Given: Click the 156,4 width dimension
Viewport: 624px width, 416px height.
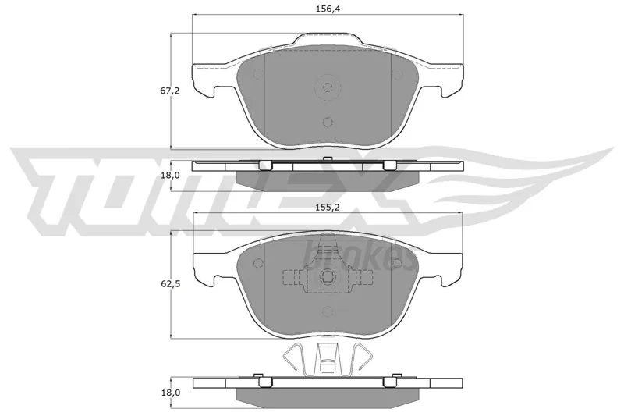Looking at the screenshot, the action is point(327,9).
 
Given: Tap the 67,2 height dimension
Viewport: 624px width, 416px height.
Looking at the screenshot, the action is point(170,91).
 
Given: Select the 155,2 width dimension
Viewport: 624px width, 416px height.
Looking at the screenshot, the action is point(327,207).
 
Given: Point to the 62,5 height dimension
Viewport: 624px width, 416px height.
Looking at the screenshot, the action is point(170,284).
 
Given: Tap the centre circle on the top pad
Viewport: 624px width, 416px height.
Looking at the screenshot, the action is point(328,87).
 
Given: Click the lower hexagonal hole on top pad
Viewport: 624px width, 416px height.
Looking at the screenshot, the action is point(328,122).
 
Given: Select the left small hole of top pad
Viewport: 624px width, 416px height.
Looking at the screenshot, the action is point(258,73).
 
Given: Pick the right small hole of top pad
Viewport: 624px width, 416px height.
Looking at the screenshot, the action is point(397,73).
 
